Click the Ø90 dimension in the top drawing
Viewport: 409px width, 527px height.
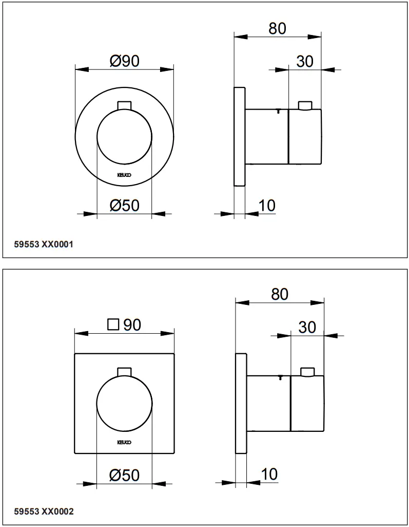point(124,61)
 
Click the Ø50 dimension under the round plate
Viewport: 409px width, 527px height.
point(124,206)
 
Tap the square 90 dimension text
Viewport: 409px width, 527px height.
point(124,325)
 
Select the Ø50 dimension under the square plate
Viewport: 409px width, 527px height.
point(124,476)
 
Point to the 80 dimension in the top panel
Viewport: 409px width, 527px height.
point(277,29)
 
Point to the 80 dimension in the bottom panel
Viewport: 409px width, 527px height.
point(280,294)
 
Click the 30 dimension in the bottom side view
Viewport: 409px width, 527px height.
point(307,327)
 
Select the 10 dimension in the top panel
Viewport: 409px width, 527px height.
point(267,206)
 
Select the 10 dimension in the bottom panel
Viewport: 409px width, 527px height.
point(269,474)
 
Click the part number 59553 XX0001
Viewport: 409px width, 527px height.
point(44,245)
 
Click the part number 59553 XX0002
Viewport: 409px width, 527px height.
point(44,511)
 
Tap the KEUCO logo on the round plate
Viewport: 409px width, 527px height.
point(124,175)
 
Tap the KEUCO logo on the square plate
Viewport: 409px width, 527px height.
point(124,442)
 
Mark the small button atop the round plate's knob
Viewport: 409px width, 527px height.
point(124,105)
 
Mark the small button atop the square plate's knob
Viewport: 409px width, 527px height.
point(124,372)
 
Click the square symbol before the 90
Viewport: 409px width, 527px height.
point(113,325)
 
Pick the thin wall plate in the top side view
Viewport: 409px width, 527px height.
point(240,136)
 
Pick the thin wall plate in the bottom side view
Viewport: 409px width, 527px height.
point(241,404)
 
